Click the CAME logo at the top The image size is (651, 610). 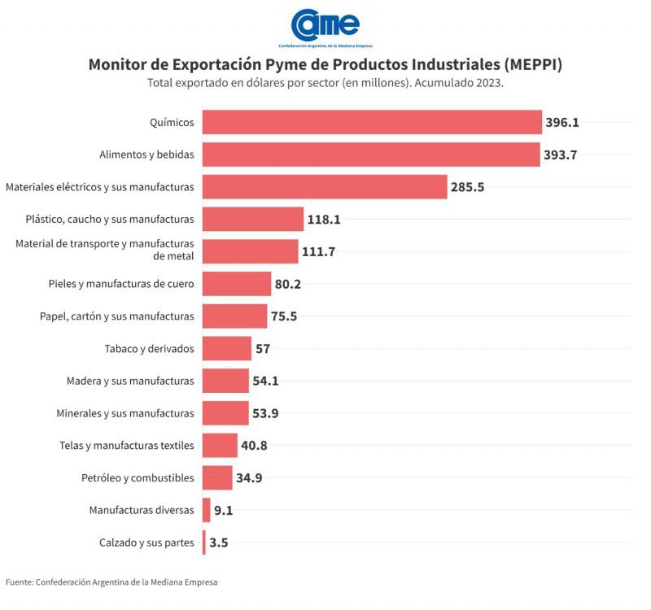(325, 24)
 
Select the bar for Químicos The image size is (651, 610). (372, 122)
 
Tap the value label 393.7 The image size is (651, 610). (561, 155)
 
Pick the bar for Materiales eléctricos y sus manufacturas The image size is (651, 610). (325, 186)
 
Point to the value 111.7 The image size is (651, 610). (318, 251)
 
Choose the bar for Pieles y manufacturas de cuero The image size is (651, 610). (236, 284)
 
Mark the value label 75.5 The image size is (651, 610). (284, 316)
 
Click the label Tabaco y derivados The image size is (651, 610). (149, 348)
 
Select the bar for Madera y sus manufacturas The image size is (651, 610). (225, 381)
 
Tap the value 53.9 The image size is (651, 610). (265, 413)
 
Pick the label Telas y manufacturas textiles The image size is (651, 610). (127, 445)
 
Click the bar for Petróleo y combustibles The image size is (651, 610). (217, 477)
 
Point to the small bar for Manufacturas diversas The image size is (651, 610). (207, 510)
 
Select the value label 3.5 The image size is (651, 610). (218, 542)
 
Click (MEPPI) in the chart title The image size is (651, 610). (533, 64)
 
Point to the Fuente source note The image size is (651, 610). (111, 582)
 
